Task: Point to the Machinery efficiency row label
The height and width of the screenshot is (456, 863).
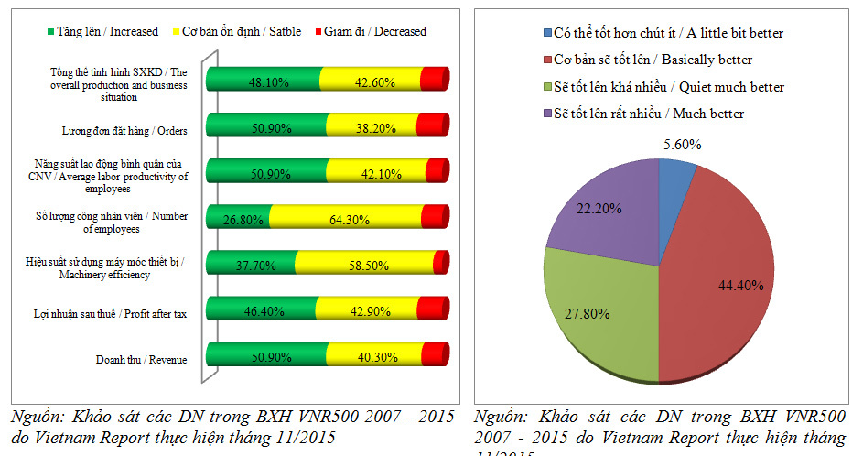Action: click(106, 268)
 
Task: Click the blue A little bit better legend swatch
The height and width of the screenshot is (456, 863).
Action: click(546, 33)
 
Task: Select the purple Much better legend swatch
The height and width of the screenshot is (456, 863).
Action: click(546, 114)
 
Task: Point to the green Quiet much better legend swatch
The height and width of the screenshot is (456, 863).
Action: click(546, 87)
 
